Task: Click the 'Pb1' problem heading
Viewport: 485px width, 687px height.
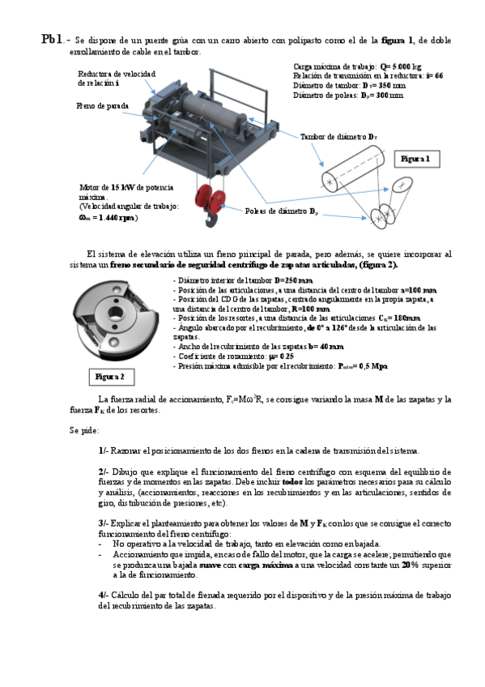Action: point(52,38)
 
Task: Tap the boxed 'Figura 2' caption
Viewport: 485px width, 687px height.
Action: point(109,377)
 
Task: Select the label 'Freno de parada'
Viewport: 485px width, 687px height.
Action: point(103,105)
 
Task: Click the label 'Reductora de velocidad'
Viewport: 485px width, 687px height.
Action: point(115,74)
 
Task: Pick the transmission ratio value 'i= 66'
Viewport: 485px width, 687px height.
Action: point(433,75)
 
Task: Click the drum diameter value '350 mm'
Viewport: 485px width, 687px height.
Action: point(385,85)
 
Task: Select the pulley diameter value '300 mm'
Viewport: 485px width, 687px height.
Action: point(385,95)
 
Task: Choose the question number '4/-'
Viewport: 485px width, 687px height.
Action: point(104,595)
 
